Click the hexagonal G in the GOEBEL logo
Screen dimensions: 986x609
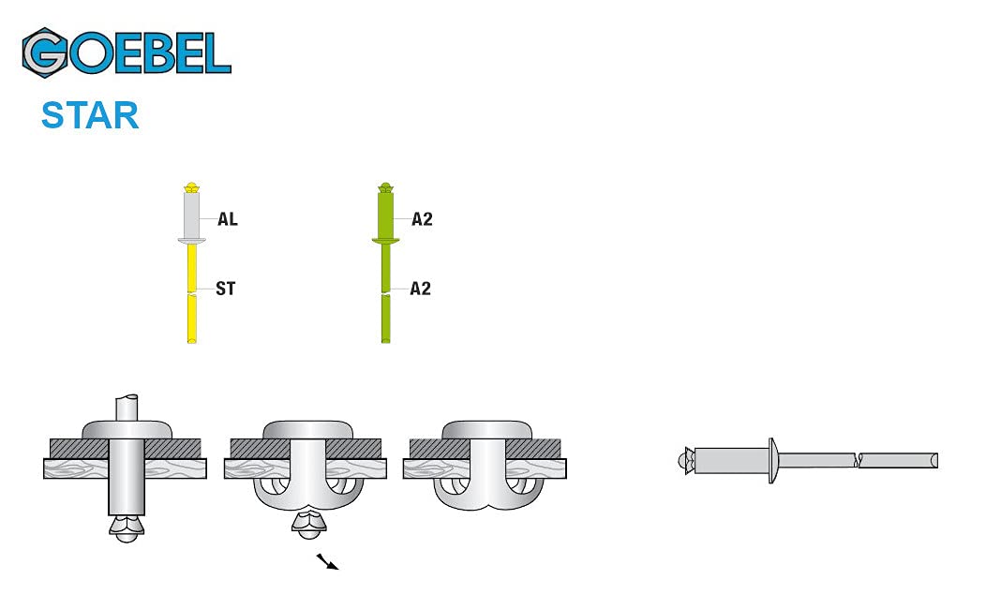pyautogui.click(x=44, y=52)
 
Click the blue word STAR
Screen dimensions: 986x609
pyautogui.click(x=90, y=115)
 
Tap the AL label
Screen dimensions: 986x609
pyautogui.click(x=228, y=219)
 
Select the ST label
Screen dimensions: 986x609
pyautogui.click(x=226, y=289)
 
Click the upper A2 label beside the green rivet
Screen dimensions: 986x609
pyautogui.click(x=422, y=219)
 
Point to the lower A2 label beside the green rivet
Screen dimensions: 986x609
pyautogui.click(x=421, y=289)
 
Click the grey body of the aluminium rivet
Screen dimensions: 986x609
pyautogui.click(x=192, y=215)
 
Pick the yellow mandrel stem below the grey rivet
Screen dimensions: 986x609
pyautogui.click(x=192, y=293)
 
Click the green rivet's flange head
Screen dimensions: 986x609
pyautogui.click(x=385, y=240)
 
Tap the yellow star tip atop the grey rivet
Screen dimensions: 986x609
pyautogui.click(x=192, y=187)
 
